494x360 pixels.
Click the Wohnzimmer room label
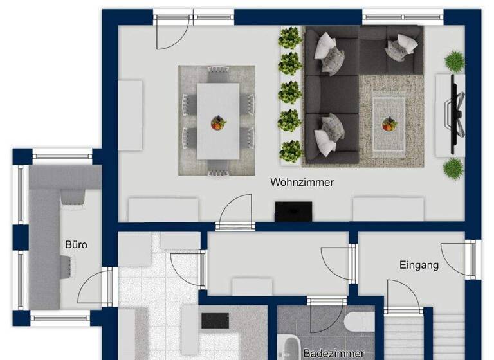click(302, 183)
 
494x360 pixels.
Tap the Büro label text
click(76, 245)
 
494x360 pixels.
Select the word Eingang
click(419, 265)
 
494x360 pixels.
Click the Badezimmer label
click(333, 353)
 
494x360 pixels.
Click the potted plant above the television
click(455, 61)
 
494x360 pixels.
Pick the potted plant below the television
click(453, 168)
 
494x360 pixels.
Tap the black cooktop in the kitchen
click(215, 319)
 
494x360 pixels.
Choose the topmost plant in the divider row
click(289, 38)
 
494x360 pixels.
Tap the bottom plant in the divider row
click(291, 151)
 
